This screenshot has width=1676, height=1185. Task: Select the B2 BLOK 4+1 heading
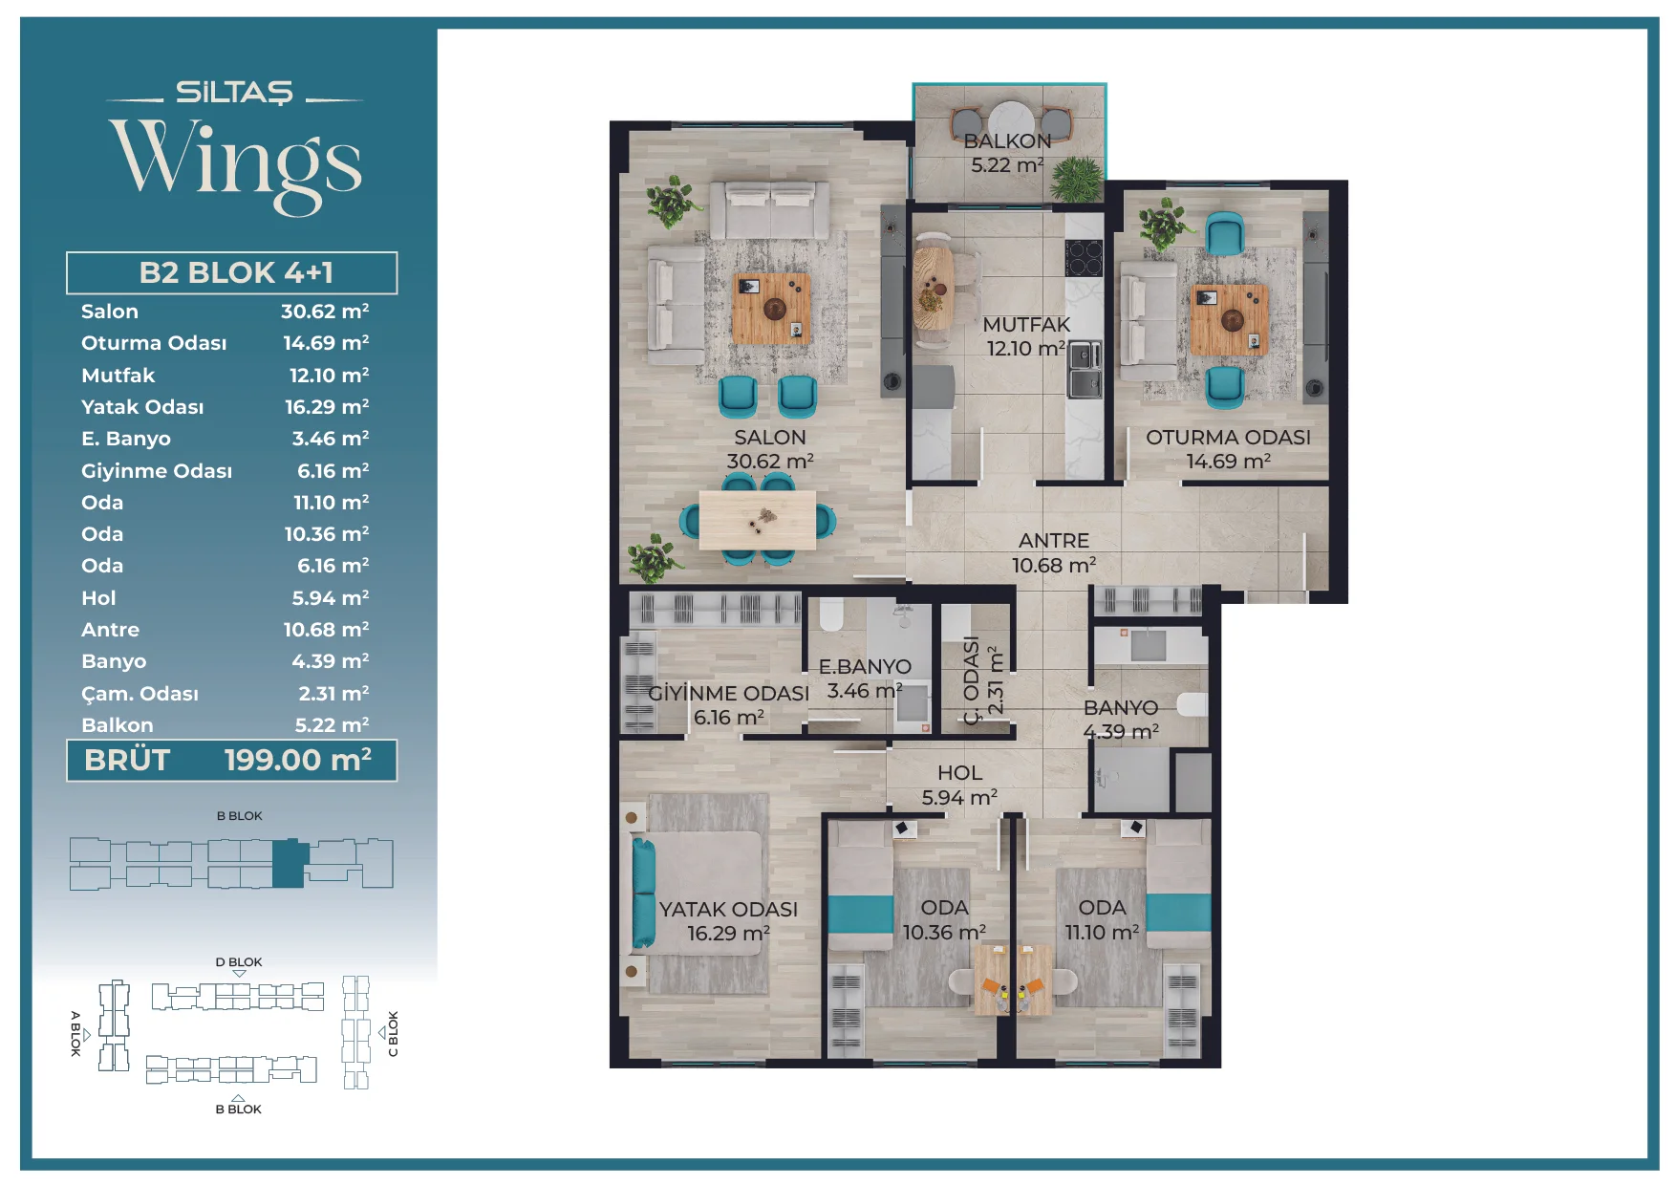point(236,272)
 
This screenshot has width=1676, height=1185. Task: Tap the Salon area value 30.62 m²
point(325,311)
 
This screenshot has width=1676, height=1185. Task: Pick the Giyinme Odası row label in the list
point(157,470)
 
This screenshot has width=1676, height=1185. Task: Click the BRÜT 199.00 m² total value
point(298,760)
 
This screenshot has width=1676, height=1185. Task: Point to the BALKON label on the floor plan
point(1007,141)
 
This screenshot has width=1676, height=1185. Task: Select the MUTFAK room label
point(1026,325)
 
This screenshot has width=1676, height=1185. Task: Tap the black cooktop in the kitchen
point(1085,257)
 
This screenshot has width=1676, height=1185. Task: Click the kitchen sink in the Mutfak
point(1085,370)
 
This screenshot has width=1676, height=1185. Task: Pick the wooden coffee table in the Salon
point(771,308)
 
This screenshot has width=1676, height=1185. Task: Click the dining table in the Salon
point(758,520)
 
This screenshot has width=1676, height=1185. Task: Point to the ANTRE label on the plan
point(1054,541)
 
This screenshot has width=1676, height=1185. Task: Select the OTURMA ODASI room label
point(1228,438)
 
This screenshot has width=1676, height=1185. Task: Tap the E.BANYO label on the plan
point(865,666)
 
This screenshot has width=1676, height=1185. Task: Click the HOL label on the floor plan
point(959,773)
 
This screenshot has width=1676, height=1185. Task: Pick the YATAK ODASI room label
point(728,910)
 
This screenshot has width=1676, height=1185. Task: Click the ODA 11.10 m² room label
point(1102,919)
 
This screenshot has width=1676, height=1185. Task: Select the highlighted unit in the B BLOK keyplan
point(289,864)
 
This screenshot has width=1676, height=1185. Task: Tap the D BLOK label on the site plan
point(239,962)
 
